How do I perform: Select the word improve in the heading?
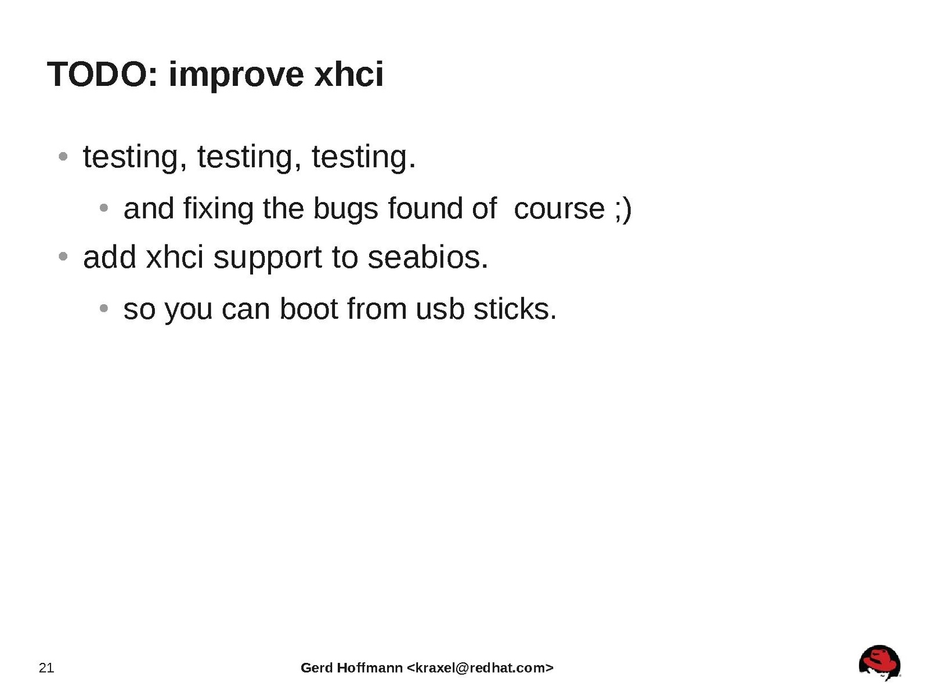(236, 76)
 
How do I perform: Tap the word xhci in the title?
(349, 74)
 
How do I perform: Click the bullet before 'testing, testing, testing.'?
(63, 157)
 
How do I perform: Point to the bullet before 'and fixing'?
(103, 208)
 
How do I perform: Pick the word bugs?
(345, 210)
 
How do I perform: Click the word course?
(559, 210)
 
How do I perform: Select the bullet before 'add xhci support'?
(63, 256)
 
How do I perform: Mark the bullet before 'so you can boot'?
(103, 308)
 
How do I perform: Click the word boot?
(309, 309)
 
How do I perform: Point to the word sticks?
(515, 309)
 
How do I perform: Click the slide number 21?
(46, 668)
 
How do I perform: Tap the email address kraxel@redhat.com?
(480, 668)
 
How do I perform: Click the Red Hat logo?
(879, 663)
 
